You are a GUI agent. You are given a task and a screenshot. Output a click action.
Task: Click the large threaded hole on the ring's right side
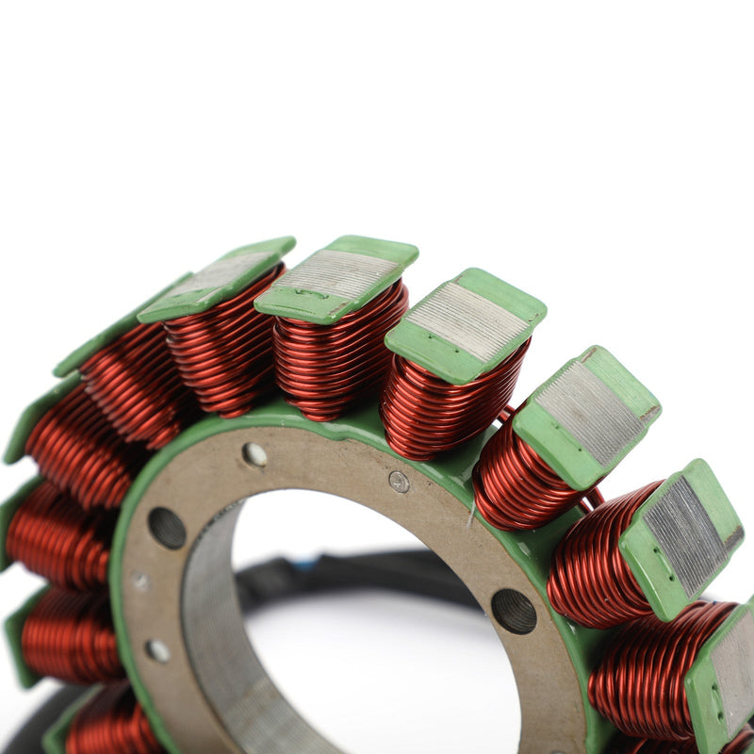click(514, 611)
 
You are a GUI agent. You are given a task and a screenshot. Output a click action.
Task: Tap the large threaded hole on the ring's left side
click(167, 528)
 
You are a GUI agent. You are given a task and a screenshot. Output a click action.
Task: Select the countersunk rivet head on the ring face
click(400, 482)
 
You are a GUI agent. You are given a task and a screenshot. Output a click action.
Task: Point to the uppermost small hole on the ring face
click(254, 454)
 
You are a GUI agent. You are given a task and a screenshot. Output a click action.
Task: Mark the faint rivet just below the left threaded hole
click(140, 582)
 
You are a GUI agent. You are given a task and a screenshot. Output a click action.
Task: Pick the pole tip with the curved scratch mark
click(336, 277)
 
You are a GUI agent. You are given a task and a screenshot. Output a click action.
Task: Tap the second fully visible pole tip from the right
click(587, 415)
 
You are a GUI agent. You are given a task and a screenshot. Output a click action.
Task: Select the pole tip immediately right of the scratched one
click(466, 324)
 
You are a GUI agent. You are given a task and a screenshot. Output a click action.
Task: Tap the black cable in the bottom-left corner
click(28, 730)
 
